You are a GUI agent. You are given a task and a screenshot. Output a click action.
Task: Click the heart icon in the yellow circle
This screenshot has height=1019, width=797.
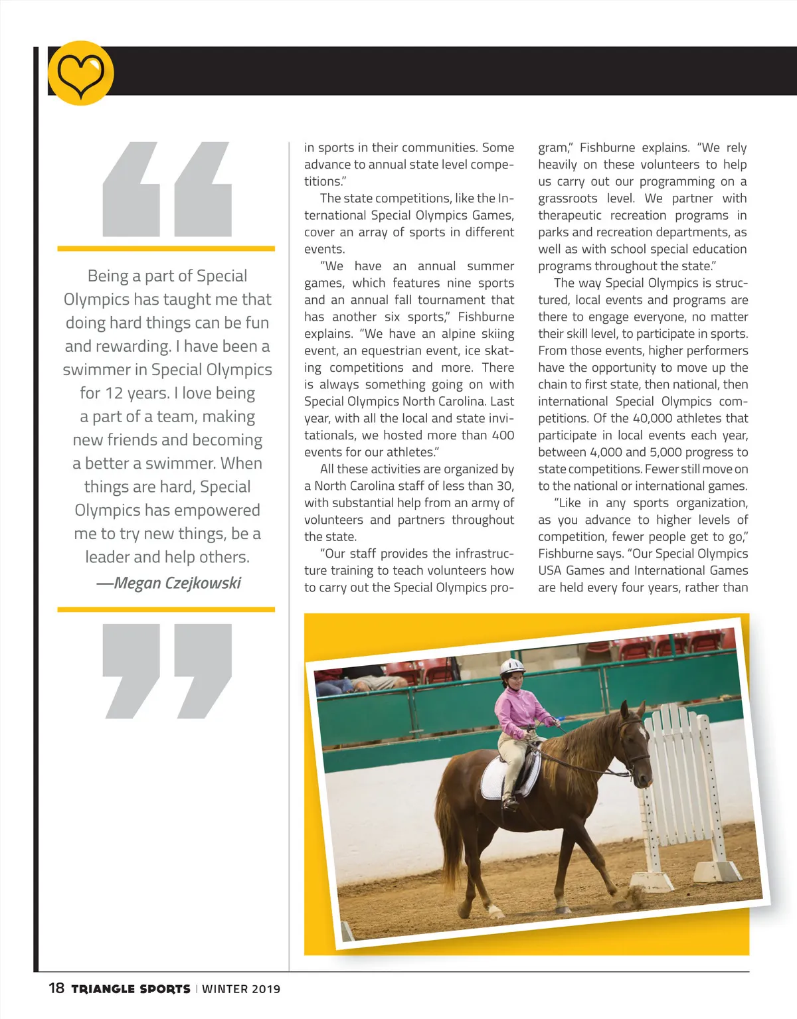[x=80, y=74]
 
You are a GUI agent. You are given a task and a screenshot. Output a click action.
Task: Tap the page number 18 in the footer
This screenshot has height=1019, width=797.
[x=56, y=988]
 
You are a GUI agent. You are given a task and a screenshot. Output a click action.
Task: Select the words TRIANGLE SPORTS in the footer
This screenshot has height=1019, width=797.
[x=131, y=988]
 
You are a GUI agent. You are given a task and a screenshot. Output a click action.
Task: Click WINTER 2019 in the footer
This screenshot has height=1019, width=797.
[x=241, y=988]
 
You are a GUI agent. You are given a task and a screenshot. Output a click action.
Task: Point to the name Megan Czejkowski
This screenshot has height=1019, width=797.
[x=177, y=583]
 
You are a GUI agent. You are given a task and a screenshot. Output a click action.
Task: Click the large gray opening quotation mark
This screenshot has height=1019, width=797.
[x=167, y=189]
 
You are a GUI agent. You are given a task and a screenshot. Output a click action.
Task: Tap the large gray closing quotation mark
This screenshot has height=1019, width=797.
[x=167, y=670]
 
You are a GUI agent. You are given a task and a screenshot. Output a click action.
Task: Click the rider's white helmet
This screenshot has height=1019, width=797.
[x=511, y=666]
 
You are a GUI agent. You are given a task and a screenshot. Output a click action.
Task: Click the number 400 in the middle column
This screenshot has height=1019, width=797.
[x=503, y=435]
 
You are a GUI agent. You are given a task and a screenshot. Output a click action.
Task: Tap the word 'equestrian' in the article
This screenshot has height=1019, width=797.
[x=391, y=351]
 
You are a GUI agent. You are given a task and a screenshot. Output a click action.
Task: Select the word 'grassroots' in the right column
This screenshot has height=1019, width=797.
[x=568, y=198]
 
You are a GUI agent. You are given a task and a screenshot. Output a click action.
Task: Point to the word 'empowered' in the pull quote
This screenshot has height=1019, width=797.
[x=217, y=510]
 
